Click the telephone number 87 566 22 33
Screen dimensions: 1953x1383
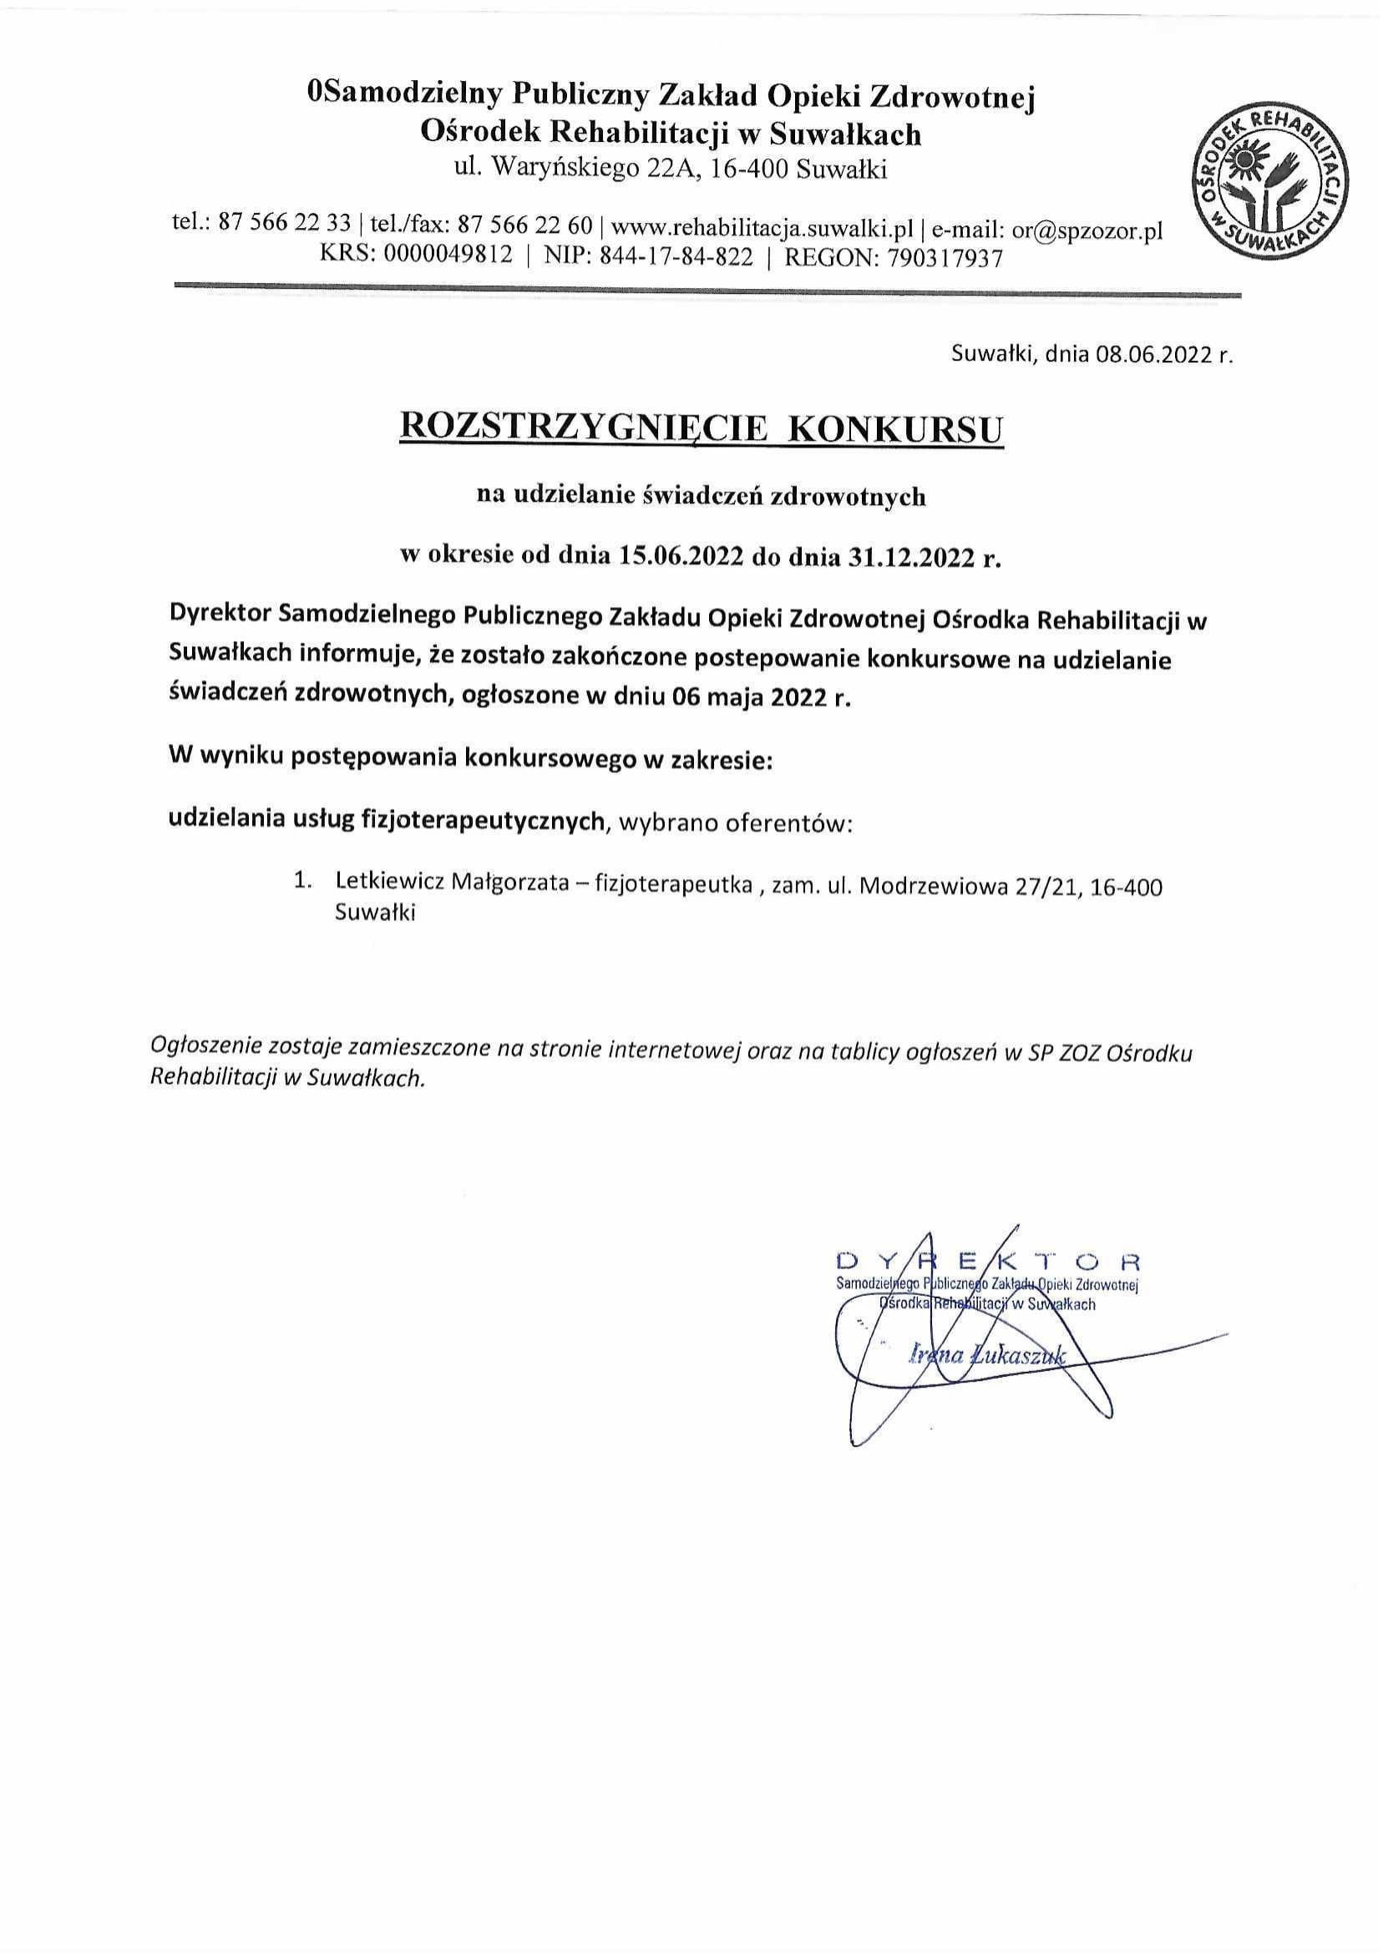tap(285, 225)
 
